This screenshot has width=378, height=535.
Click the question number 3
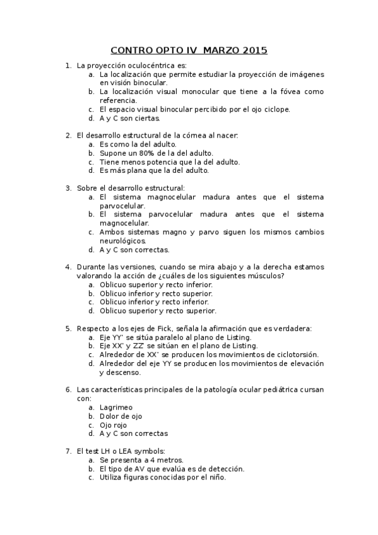(x=68, y=187)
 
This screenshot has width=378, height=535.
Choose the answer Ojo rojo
(x=115, y=425)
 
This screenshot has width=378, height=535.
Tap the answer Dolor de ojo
(x=121, y=416)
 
